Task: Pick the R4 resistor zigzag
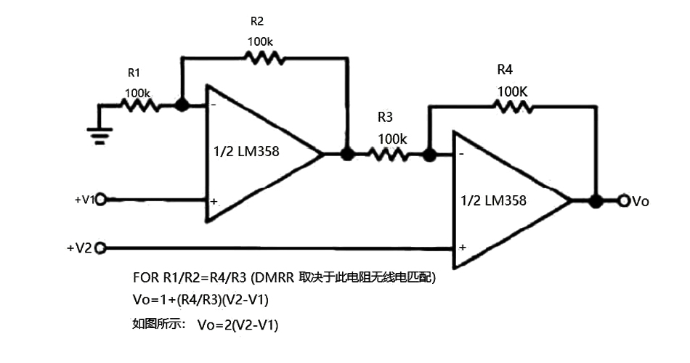pyautogui.click(x=513, y=107)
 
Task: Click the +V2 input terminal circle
pyautogui.click(x=101, y=248)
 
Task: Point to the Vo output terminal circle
pyautogui.click(x=623, y=201)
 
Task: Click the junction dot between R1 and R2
pyautogui.click(x=182, y=105)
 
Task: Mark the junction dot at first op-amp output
pyautogui.click(x=347, y=154)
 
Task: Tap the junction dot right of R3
pyautogui.click(x=429, y=154)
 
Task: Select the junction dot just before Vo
pyautogui.click(x=596, y=201)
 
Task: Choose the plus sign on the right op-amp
pyautogui.click(x=462, y=247)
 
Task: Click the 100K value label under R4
pyautogui.click(x=513, y=92)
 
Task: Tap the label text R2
pyautogui.click(x=257, y=23)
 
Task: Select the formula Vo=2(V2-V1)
pyautogui.click(x=237, y=325)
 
